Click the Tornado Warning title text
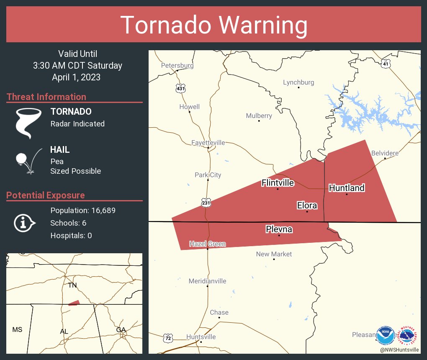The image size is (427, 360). click(x=213, y=25)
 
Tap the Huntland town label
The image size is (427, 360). click(x=347, y=188)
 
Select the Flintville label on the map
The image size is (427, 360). click(x=278, y=183)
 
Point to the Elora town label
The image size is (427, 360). click(x=307, y=206)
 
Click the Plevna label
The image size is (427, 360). click(x=279, y=229)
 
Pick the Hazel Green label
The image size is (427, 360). click(x=207, y=244)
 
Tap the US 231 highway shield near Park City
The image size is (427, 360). click(x=206, y=203)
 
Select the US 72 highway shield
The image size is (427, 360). click(x=168, y=337)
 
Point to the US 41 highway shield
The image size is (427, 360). click(x=386, y=64)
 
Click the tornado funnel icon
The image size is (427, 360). click(x=28, y=123)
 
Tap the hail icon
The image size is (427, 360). click(x=28, y=160)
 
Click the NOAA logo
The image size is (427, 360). click(x=385, y=335)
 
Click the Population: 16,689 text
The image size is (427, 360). click(x=83, y=211)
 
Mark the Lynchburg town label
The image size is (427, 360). click(x=298, y=82)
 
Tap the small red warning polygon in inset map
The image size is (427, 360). click(x=74, y=303)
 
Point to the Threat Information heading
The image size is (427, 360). click(x=46, y=97)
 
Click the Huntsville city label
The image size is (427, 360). click(x=201, y=337)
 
